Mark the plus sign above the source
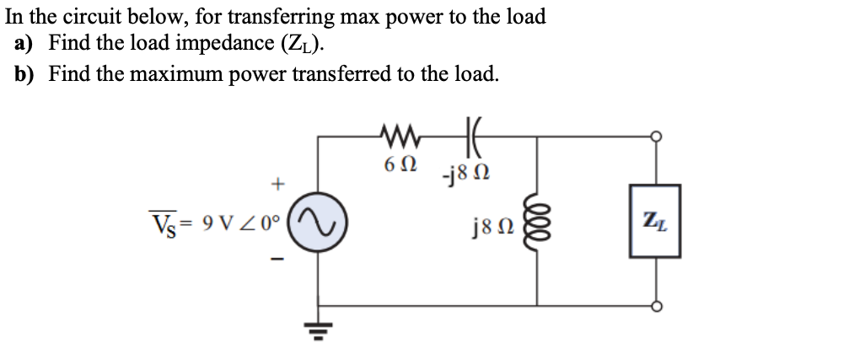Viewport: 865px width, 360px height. click(x=276, y=182)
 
